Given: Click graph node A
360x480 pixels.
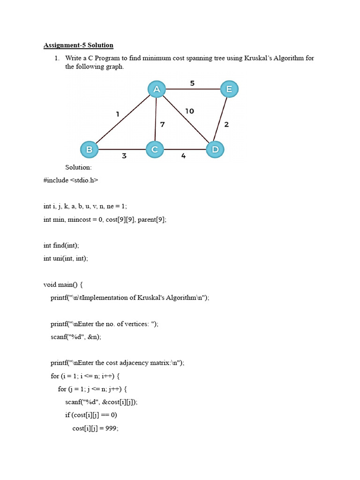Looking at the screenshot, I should point(157,89).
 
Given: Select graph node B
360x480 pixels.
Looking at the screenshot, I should point(89,150).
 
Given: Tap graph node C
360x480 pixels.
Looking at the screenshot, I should point(154,150).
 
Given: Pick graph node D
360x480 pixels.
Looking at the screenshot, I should point(215,150).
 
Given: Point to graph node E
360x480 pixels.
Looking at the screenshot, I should point(229,89).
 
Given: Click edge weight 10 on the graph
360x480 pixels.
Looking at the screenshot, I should point(189,111).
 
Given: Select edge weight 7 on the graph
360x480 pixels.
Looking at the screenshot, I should point(163,124).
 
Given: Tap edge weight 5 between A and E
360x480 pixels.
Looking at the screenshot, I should point(192,83).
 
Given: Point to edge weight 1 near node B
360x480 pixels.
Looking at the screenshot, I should point(118,114).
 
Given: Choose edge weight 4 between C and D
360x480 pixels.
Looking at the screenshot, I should point(183,156).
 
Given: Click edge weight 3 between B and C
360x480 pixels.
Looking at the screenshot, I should point(124,156).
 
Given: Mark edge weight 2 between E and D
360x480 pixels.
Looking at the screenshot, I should point(226,124).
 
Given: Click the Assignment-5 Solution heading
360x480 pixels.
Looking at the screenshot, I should point(78,45).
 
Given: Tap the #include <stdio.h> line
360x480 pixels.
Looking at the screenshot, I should point(71,180).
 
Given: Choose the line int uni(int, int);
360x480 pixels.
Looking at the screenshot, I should point(66,258).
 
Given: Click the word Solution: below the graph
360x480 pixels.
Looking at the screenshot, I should point(79,167).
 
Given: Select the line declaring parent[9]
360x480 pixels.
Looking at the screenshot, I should point(105,219).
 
